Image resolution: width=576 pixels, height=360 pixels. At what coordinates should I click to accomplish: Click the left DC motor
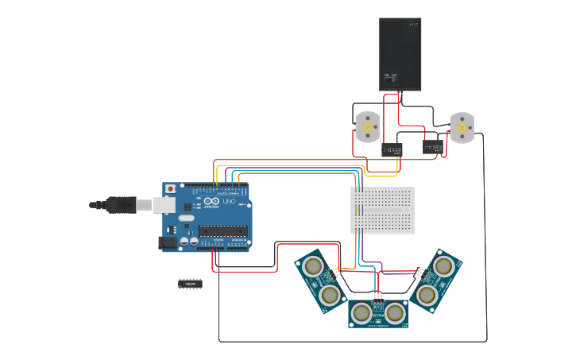coord(366,126)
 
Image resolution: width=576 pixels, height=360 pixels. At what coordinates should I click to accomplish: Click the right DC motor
coord(461,127)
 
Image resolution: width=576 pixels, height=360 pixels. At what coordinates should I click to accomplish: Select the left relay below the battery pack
coord(392,149)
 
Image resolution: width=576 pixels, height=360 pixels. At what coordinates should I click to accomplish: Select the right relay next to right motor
coord(433,147)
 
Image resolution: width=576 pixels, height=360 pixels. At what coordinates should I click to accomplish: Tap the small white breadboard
coord(383,211)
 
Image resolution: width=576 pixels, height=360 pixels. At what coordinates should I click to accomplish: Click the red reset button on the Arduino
coord(170,189)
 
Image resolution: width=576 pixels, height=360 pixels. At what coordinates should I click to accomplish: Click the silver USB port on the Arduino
coord(164,205)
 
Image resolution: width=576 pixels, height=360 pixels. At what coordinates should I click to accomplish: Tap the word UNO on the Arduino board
coord(228,203)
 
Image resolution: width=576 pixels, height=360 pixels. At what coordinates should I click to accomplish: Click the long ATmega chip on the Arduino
coord(222,230)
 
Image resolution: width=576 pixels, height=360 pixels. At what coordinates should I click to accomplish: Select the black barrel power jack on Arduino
coord(168,242)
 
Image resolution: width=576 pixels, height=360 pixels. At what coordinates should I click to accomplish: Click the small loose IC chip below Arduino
coord(190,283)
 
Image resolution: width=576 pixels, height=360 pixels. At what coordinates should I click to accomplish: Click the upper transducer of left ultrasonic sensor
coord(313,265)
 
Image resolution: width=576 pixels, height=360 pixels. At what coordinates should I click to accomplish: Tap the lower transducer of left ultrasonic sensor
coord(330,296)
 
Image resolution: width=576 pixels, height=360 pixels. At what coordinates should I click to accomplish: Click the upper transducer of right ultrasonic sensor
coord(445,265)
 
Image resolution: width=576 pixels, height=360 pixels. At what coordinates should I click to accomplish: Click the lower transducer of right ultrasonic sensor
coord(427,296)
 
